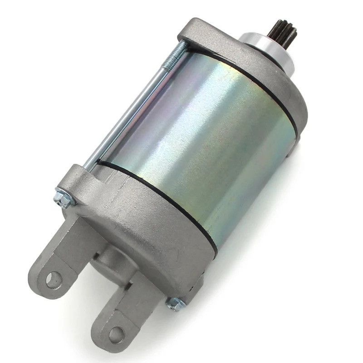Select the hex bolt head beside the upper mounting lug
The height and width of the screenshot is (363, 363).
pos(62,198)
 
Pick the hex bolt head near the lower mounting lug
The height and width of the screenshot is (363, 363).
pos(175,303)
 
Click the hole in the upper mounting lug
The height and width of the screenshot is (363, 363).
pos(54,279)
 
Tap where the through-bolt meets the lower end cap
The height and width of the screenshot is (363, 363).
pos(89,168)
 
